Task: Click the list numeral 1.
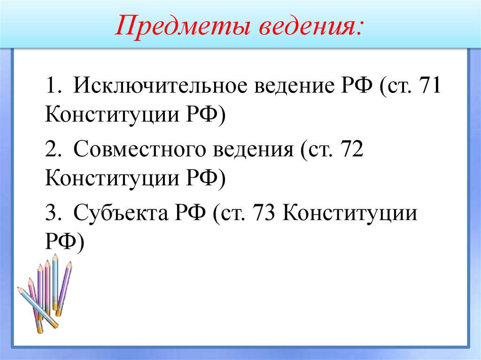[51, 87]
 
